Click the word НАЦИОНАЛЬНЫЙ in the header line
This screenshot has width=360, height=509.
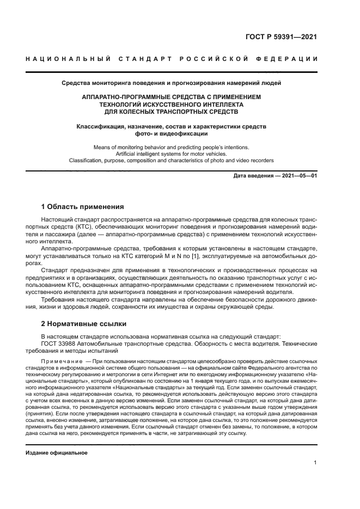click(x=68, y=59)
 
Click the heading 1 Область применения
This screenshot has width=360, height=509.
click(x=83, y=207)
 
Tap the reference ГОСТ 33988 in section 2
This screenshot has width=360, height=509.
click(x=60, y=344)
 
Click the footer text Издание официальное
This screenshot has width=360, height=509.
click(x=57, y=453)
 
